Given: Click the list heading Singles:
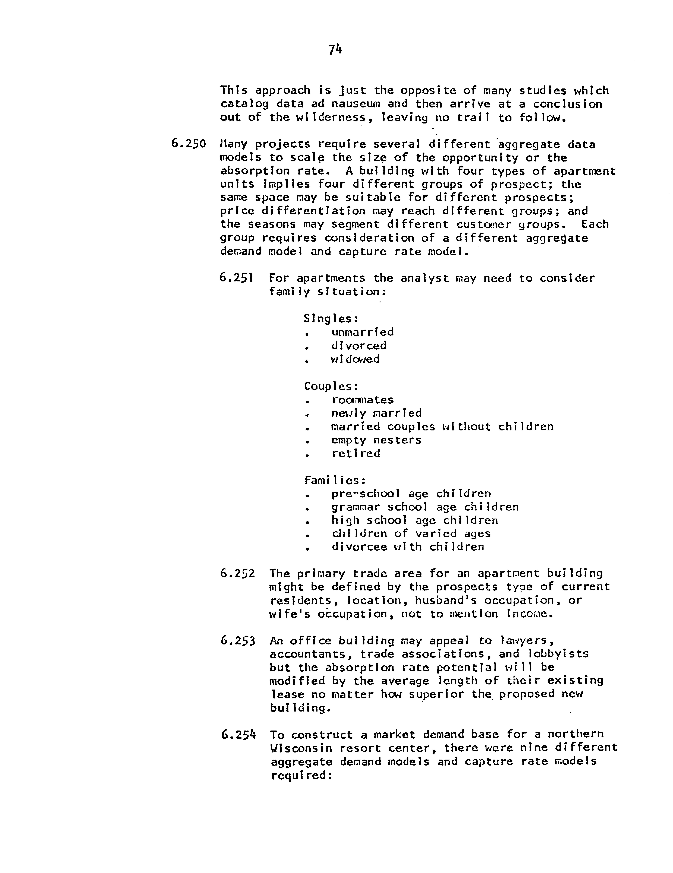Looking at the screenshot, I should tap(331, 319).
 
